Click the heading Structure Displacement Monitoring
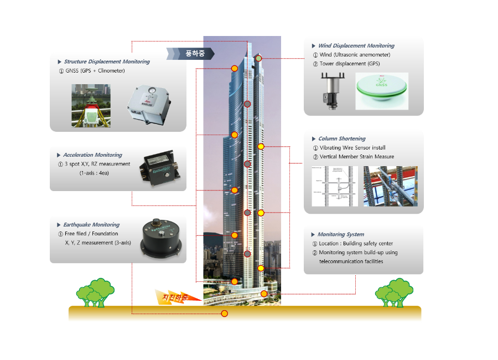tap(107, 61)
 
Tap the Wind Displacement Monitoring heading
tap(356, 45)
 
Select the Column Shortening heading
tap(342, 138)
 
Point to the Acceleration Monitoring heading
tap(92, 155)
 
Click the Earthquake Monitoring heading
tap(91, 225)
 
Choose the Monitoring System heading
tap(341, 234)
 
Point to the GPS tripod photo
tap(91, 106)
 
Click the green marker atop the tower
tap(258, 58)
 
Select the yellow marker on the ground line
tap(225, 313)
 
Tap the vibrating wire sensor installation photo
tap(391, 186)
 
